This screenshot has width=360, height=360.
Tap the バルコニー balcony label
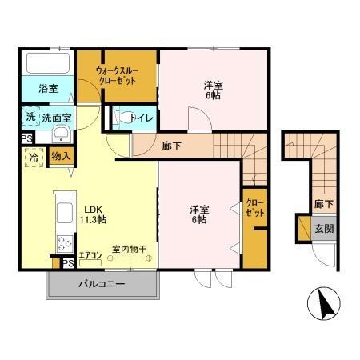click(101, 284)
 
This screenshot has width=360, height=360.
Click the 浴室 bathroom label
click(49, 90)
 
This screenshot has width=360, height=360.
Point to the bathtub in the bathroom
click(48, 63)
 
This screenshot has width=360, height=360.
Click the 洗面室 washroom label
click(57, 117)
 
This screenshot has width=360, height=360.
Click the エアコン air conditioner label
click(90, 256)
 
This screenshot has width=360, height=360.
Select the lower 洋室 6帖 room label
click(199, 214)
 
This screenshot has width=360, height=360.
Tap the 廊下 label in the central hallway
click(171, 146)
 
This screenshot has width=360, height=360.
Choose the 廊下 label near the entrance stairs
click(324, 204)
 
